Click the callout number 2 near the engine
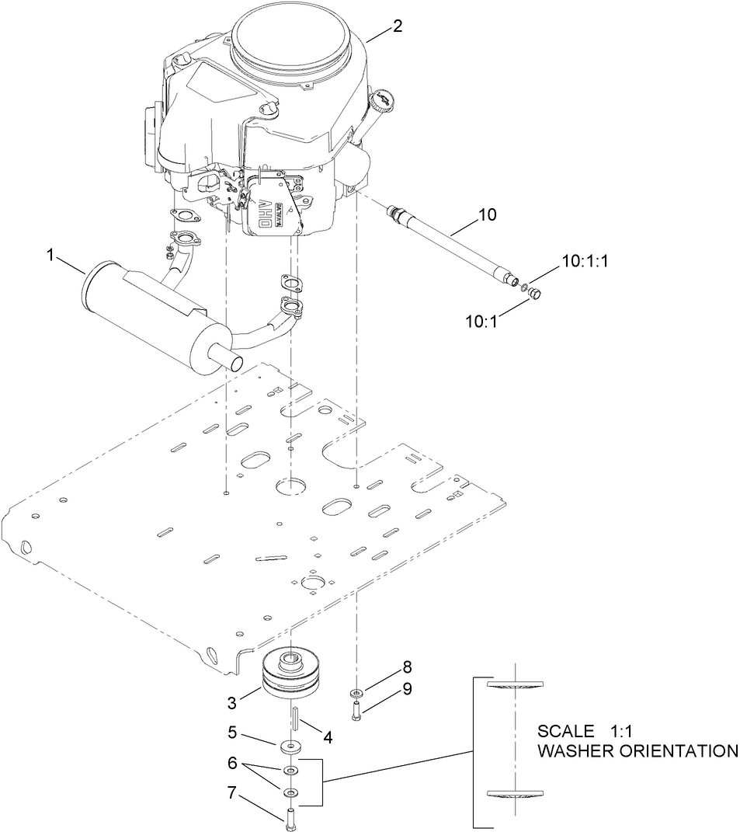(397, 26)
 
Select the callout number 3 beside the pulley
(231, 703)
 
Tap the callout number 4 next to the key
(328, 737)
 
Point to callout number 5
(231, 732)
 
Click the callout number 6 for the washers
(231, 764)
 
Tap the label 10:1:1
(583, 261)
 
